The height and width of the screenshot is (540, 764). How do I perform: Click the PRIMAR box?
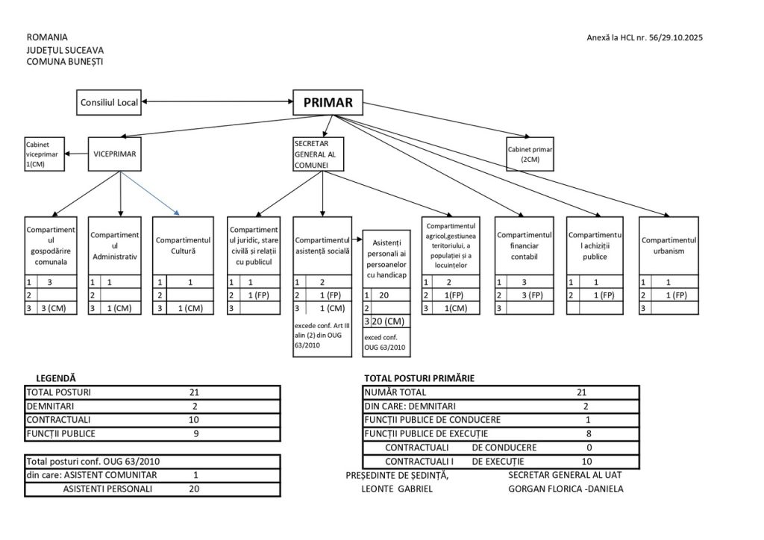[x=328, y=102]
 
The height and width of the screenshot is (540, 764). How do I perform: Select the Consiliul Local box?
[x=109, y=102]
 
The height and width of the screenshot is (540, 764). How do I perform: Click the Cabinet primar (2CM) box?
[x=530, y=154]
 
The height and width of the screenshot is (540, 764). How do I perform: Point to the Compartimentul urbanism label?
[x=668, y=245]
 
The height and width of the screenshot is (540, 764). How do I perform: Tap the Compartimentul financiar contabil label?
[x=524, y=245]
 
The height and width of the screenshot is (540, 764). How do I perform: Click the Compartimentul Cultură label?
[x=183, y=245]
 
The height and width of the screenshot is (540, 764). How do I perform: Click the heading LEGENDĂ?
[x=51, y=378]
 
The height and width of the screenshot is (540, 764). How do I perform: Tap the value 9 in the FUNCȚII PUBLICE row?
[x=195, y=433]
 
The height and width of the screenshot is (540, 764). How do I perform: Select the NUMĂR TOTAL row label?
[x=395, y=392]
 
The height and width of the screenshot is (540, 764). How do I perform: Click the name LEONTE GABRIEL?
[x=396, y=489]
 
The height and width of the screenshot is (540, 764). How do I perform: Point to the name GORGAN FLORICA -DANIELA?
[x=565, y=489]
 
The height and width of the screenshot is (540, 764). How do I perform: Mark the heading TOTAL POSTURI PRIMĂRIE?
[x=419, y=378]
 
